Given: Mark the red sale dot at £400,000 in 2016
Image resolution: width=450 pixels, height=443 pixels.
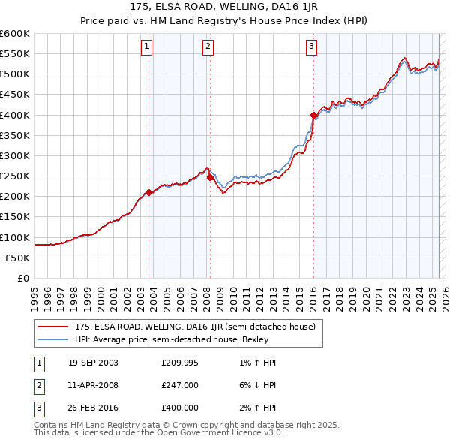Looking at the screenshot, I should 313,115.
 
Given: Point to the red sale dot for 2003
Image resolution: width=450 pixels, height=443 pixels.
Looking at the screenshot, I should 149,192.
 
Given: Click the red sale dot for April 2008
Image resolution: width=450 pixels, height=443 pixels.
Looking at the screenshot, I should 210,177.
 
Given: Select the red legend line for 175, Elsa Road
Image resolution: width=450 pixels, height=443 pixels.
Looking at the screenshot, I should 53,327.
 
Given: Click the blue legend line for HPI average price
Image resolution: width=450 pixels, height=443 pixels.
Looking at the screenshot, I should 53,339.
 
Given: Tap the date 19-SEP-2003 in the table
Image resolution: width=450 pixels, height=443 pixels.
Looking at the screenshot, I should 92,363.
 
